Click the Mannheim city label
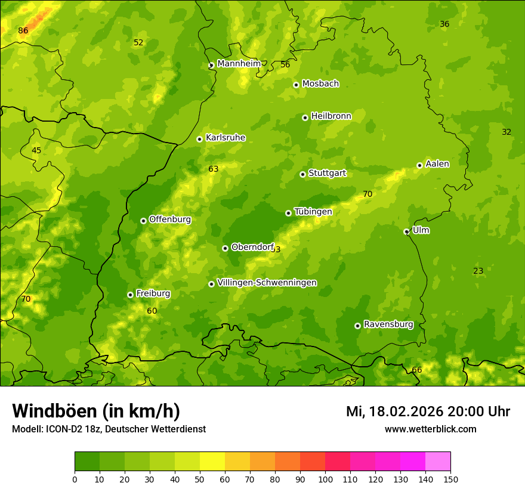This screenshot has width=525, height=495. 239,63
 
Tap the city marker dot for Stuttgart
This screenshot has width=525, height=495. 302,174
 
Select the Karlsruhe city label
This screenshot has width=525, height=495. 226,138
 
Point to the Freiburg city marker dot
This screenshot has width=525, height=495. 130,295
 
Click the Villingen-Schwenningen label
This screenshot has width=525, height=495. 267,283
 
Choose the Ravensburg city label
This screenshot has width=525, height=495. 388,324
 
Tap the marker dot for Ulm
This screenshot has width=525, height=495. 406,231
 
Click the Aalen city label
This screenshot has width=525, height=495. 437,164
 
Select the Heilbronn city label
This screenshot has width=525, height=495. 331,116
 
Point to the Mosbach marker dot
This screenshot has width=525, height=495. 296,85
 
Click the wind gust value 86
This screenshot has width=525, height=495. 23,30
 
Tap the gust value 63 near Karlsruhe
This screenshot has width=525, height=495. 214,169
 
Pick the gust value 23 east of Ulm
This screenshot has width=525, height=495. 478,271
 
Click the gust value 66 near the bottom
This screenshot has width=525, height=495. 417,370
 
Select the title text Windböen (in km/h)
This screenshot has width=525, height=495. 96,411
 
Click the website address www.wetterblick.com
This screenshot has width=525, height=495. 431,429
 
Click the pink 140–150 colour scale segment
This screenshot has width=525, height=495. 438,462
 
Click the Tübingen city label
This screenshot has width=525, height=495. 313,212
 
